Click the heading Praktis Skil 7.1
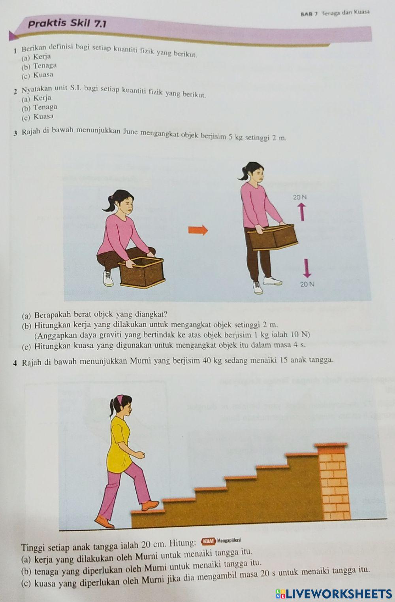pos(67,24)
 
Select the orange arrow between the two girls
pos(197,230)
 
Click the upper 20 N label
pos(300,196)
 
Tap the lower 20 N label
pos(307,284)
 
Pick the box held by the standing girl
pos(273,237)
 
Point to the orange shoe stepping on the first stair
pos(150,505)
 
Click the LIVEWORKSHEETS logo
pos(334,593)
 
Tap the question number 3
pos(15,133)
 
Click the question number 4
pos(15,362)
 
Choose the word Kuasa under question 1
pos(43,75)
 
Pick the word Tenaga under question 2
pos(45,107)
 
